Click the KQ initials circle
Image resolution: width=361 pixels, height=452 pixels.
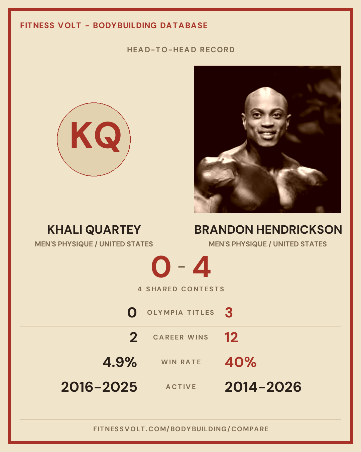(94, 140)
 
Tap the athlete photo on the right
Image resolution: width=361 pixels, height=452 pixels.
(267, 140)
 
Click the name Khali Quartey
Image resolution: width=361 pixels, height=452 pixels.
(94, 230)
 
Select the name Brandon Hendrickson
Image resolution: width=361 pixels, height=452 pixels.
(268, 230)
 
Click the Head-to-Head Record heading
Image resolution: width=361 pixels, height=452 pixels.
(181, 50)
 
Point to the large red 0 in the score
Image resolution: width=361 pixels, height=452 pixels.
(161, 267)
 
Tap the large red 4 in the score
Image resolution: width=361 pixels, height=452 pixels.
(202, 267)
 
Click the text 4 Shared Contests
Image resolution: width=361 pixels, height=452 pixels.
(181, 289)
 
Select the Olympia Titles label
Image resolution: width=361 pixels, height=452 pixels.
(180, 312)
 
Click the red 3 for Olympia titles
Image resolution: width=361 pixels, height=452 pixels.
(229, 313)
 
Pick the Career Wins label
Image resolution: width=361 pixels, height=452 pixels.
(180, 337)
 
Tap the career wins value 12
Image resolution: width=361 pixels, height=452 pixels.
(231, 337)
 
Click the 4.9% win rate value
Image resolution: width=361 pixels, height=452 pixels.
(120, 362)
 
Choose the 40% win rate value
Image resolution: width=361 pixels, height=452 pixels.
(241, 362)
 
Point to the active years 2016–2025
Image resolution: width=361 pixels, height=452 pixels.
(99, 387)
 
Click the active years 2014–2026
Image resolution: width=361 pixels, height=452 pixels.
(263, 387)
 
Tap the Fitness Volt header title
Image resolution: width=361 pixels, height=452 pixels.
(114, 25)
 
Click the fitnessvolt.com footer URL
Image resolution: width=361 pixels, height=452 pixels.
(181, 429)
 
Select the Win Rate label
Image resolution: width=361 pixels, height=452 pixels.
(181, 362)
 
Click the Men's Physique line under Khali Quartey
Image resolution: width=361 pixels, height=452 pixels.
(94, 244)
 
